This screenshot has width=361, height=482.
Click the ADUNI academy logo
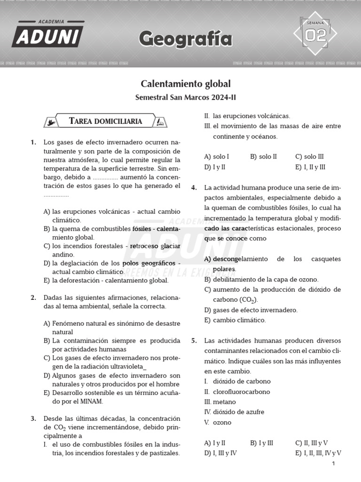click(x=47, y=34)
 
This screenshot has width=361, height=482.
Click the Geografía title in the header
click(x=185, y=40)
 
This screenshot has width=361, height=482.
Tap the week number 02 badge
click(x=316, y=34)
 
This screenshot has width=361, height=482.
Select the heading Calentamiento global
click(x=186, y=84)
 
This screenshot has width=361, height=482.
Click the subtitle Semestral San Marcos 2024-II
click(x=185, y=98)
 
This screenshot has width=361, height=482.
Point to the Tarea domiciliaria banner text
click(x=105, y=121)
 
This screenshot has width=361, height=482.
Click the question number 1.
click(x=33, y=142)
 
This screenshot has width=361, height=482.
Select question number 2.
click(x=33, y=297)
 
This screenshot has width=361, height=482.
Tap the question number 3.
click(x=33, y=418)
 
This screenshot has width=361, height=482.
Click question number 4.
click(x=194, y=188)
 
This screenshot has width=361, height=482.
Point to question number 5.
click(x=194, y=341)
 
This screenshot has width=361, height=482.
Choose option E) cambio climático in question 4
click(x=235, y=320)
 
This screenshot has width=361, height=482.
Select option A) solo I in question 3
click(x=217, y=156)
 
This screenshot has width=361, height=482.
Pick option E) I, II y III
click(x=310, y=167)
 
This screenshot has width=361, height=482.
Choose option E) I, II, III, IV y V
click(x=318, y=453)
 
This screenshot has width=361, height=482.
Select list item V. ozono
click(x=218, y=422)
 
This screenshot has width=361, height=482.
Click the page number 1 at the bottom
click(x=333, y=464)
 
